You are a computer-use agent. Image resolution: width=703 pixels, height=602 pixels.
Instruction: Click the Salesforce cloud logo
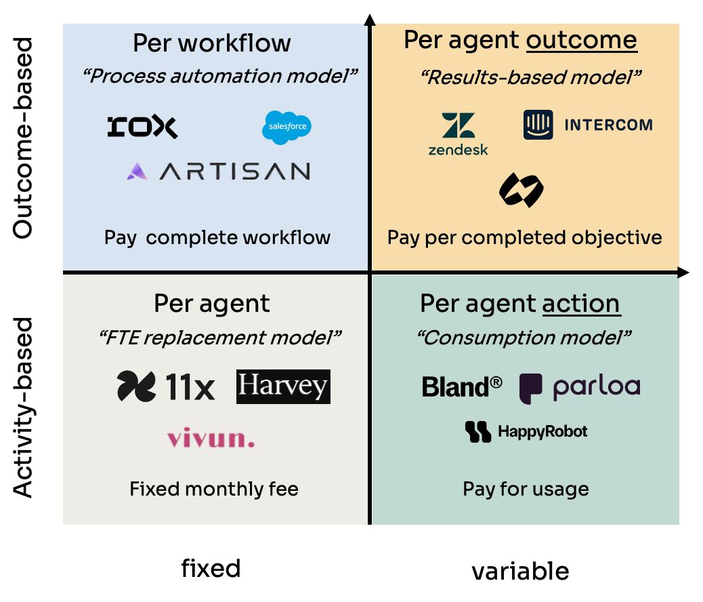(287, 127)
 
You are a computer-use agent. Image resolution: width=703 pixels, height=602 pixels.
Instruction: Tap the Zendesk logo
(458, 134)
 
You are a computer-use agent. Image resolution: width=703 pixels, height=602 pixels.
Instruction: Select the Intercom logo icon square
(538, 125)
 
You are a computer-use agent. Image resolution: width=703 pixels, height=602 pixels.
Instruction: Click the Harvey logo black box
(283, 386)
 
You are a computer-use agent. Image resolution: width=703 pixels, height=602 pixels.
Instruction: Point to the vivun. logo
(211, 438)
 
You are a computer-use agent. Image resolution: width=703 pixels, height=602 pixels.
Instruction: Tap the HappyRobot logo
(526, 432)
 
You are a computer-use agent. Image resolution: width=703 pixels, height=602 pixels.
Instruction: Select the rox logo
(142, 127)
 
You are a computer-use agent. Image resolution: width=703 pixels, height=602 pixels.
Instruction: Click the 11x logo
(166, 387)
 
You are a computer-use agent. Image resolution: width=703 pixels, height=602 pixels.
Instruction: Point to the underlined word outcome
(581, 41)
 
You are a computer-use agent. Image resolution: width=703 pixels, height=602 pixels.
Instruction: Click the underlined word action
(581, 303)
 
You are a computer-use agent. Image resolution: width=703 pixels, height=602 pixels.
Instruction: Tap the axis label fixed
(211, 568)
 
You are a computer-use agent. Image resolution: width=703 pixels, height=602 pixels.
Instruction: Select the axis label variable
(520, 571)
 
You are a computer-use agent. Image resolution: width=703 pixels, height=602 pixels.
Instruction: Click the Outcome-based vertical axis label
(23, 138)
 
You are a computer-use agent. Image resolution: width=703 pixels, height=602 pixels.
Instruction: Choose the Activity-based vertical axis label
(23, 407)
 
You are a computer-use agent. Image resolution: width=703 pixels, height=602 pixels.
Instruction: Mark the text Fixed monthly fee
(214, 489)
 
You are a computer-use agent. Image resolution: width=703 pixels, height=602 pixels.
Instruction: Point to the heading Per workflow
(211, 43)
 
